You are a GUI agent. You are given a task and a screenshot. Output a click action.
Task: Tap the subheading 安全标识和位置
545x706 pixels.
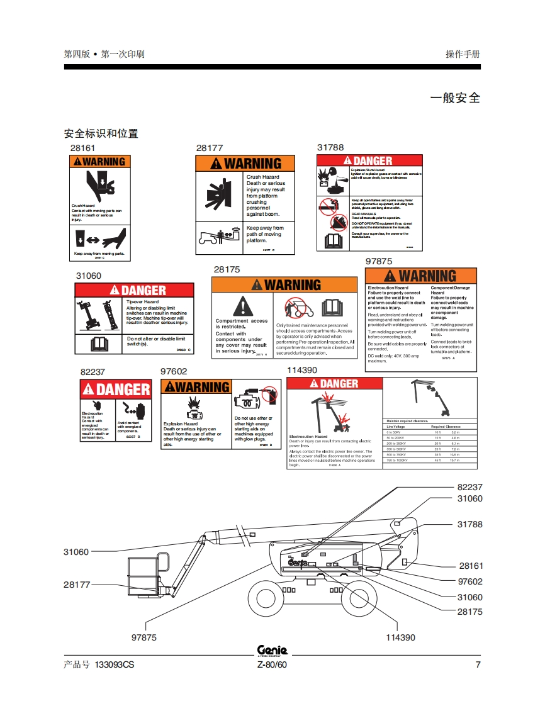pos(101,133)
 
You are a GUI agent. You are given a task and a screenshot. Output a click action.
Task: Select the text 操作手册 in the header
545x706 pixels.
pos(463,54)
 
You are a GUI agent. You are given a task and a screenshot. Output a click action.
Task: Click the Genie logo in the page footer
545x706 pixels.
pos(272,650)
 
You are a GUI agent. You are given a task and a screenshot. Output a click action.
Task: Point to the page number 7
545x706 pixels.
pos(478,665)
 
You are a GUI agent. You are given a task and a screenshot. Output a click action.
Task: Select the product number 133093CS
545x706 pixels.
pos(114,665)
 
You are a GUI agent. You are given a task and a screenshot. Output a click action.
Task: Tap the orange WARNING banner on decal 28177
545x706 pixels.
pos(245,164)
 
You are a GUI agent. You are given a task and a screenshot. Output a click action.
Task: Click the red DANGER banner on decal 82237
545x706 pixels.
pos(115,389)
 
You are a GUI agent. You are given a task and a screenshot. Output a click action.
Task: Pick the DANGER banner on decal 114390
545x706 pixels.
pos(334,384)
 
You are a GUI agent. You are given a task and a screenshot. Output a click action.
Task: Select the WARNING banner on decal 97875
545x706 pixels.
pos(420,276)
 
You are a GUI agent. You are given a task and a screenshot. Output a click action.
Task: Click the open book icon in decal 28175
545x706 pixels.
pos(332,307)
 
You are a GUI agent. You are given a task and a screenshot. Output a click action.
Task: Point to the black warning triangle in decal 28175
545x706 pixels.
pos(242,307)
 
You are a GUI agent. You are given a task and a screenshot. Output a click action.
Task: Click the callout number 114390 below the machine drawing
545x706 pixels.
pos(400,637)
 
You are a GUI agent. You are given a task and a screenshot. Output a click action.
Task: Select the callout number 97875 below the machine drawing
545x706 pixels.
pos(143,637)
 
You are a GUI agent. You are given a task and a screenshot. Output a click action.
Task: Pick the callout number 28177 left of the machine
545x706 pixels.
pos(77,585)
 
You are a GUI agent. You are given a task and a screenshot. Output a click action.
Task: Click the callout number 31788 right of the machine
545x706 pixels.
pos(469,524)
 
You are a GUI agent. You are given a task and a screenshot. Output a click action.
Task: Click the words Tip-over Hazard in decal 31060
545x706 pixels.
pos(142,302)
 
